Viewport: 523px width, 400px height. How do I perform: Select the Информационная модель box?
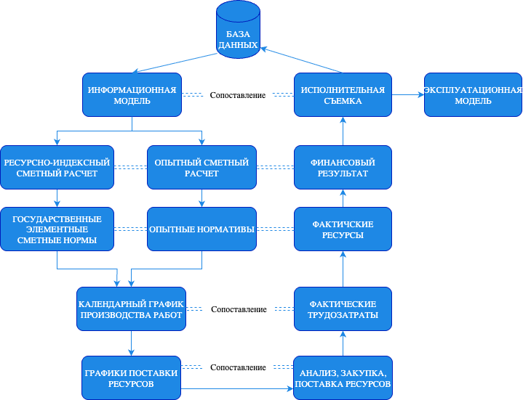coord(132,95)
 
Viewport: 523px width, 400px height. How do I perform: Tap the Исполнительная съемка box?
coord(343,95)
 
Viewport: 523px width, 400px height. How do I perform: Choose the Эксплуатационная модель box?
coord(473,95)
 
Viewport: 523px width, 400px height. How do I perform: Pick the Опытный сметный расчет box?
coord(201,168)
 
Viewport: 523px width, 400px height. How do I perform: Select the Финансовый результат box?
coord(343,168)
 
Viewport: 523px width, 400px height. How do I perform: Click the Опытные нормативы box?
coord(201,229)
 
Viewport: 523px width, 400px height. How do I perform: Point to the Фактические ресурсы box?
coord(343,229)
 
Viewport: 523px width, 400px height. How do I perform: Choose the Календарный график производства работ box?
coord(131,309)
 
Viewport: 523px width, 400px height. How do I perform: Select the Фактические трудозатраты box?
coord(343,309)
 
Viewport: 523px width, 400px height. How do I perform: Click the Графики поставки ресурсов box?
coord(131,377)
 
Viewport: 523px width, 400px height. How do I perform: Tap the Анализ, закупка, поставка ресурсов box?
coord(343,377)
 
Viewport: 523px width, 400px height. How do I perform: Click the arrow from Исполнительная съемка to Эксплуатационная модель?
coord(408,95)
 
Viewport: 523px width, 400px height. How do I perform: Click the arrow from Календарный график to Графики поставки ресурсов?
coord(131,343)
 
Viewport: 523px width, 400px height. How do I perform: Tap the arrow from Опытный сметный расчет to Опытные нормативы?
coord(201,198)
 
